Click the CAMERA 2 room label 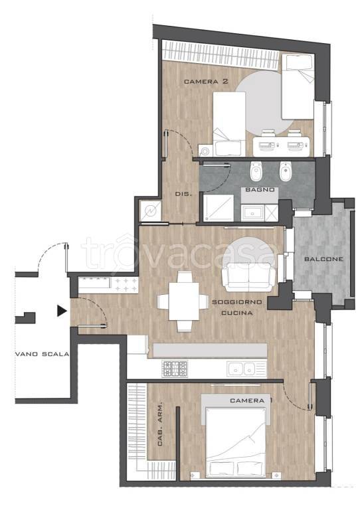[x=206, y=81]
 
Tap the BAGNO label [x=260, y=189]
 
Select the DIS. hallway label [x=183, y=194]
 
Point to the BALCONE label [x=323, y=259]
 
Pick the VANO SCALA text [x=43, y=354]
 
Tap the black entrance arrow [x=62, y=311]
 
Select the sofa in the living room [x=249, y=277]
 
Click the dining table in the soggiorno [x=184, y=301]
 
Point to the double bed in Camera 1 [x=236, y=436]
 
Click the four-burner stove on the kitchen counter [x=175, y=369]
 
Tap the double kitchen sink [x=247, y=369]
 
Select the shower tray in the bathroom [x=219, y=208]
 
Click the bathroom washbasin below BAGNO [x=252, y=212]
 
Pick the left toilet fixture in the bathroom [x=256, y=171]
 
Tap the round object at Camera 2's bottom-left [x=205, y=151]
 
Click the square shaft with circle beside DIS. [x=151, y=211]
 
